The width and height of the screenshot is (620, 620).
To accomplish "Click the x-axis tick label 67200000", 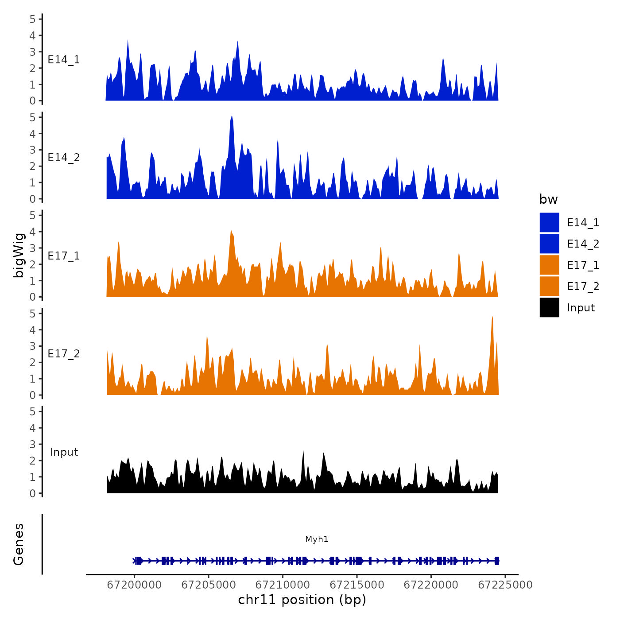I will click(134, 585).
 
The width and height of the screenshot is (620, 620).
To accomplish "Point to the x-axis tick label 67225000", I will click(505, 585).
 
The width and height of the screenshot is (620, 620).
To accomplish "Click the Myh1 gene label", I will click(317, 539).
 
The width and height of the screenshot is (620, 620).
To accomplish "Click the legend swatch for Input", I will click(549, 308).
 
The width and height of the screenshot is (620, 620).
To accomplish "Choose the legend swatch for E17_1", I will click(549, 265).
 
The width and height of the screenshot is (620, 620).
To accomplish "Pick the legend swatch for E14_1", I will click(549, 223).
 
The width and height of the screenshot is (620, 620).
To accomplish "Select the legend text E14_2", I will click(583, 244).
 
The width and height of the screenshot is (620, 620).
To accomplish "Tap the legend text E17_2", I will click(583, 287).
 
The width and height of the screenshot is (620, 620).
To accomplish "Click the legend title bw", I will click(548, 200).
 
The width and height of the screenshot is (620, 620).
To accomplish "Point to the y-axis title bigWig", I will click(19, 256).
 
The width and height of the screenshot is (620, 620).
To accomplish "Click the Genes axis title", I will click(19, 544).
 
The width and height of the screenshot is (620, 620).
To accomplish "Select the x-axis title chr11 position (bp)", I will click(302, 600).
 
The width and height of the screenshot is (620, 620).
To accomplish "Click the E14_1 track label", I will click(64, 60).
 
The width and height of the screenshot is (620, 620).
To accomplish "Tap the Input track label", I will click(64, 452).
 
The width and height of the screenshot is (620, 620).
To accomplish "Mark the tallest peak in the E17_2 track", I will click(492, 317).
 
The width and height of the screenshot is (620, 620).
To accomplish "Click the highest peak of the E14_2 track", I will click(232, 116).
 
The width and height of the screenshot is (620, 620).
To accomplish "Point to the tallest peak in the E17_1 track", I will click(231, 231).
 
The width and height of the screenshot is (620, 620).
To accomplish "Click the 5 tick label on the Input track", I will click(32, 411).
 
